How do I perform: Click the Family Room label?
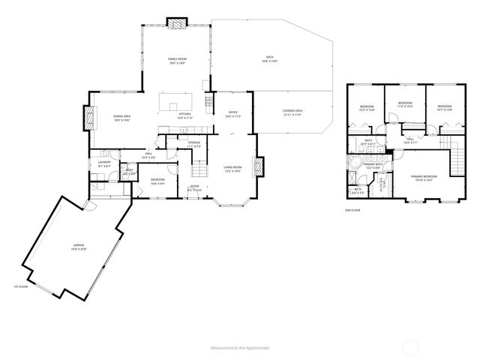click(x=176, y=61)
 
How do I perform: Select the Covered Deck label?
click(x=292, y=112)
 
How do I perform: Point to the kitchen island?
click(x=176, y=100)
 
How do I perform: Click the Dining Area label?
click(x=122, y=117)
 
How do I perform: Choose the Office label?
click(x=233, y=115)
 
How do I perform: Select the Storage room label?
click(x=193, y=144)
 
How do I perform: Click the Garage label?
click(x=79, y=247)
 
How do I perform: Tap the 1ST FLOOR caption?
click(x=19, y=287)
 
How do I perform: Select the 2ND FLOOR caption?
click(x=352, y=211)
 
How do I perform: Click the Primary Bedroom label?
click(x=422, y=178)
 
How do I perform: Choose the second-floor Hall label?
click(x=410, y=140)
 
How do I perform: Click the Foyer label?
click(x=194, y=187)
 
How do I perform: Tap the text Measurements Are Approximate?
click(x=240, y=348)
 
